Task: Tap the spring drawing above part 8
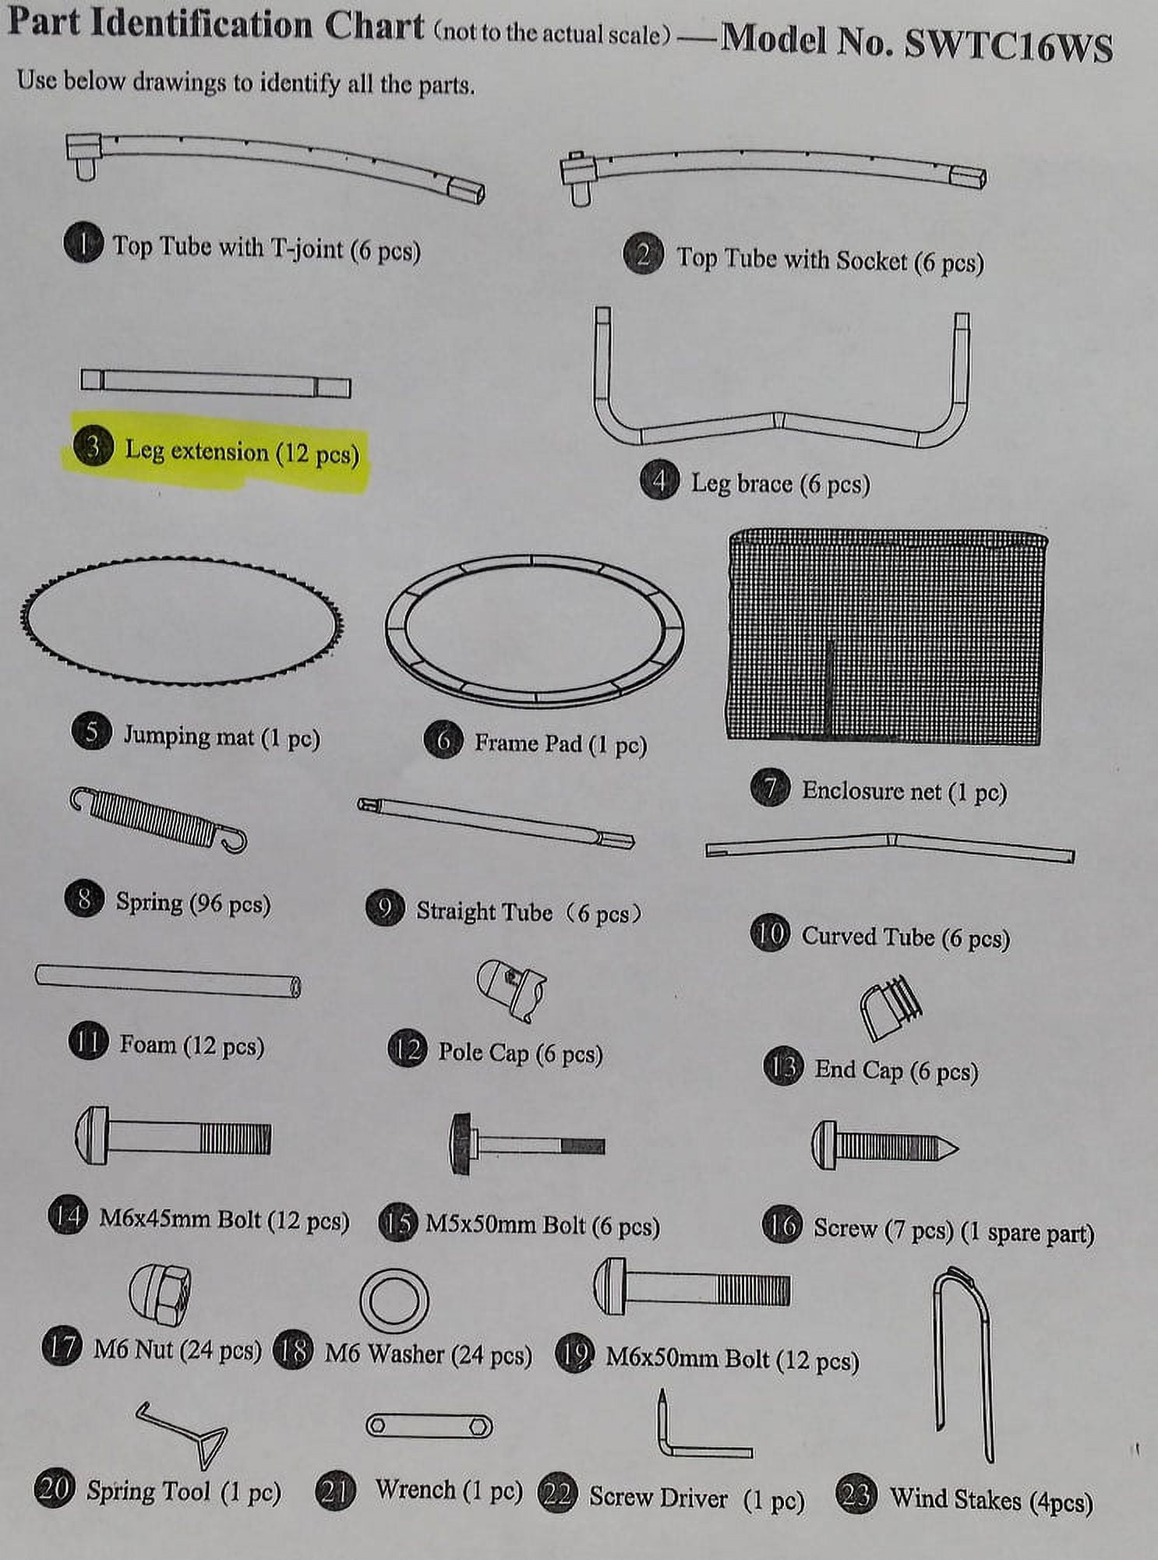159,820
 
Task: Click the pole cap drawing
512,989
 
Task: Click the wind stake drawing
964,1364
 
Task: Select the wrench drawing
429,1426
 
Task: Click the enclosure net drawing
886,636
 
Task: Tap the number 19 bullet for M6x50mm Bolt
574,1355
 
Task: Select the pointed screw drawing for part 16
884,1145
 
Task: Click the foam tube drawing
168,980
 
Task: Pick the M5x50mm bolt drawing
527,1144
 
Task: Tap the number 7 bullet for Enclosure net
771,788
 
